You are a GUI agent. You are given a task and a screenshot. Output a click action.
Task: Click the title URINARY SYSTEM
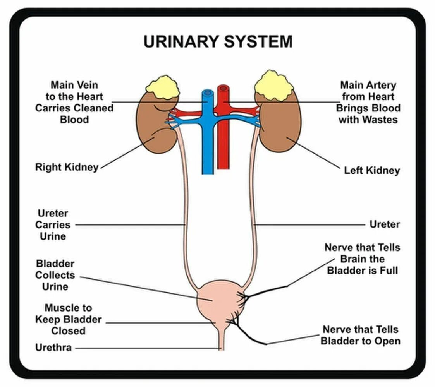tap(218, 41)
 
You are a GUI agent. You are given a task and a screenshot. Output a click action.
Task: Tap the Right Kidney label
tap(67, 167)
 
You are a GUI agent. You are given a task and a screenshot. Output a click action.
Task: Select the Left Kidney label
tap(372, 170)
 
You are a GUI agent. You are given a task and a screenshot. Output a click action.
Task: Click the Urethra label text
tap(53, 348)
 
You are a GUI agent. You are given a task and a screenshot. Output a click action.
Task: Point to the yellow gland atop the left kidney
tap(273, 86)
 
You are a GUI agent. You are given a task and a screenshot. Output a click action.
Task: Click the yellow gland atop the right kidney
tap(163, 87)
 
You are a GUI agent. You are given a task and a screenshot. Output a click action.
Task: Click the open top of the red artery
tap(224, 89)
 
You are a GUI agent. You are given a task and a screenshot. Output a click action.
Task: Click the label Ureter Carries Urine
tap(53, 225)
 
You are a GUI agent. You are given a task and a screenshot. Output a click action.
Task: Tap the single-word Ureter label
tap(385, 224)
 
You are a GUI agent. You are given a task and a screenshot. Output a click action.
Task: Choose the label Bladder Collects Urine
tap(55, 275)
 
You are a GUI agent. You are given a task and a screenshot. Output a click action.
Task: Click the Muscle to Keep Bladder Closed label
tap(69, 319)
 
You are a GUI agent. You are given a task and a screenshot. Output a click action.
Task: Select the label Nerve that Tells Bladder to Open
tap(360, 335)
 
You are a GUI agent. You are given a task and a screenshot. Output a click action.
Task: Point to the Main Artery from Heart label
tap(368, 102)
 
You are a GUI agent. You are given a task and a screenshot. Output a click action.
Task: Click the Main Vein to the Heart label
tap(74, 102)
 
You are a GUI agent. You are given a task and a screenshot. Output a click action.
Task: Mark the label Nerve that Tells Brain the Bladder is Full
tap(362, 259)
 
